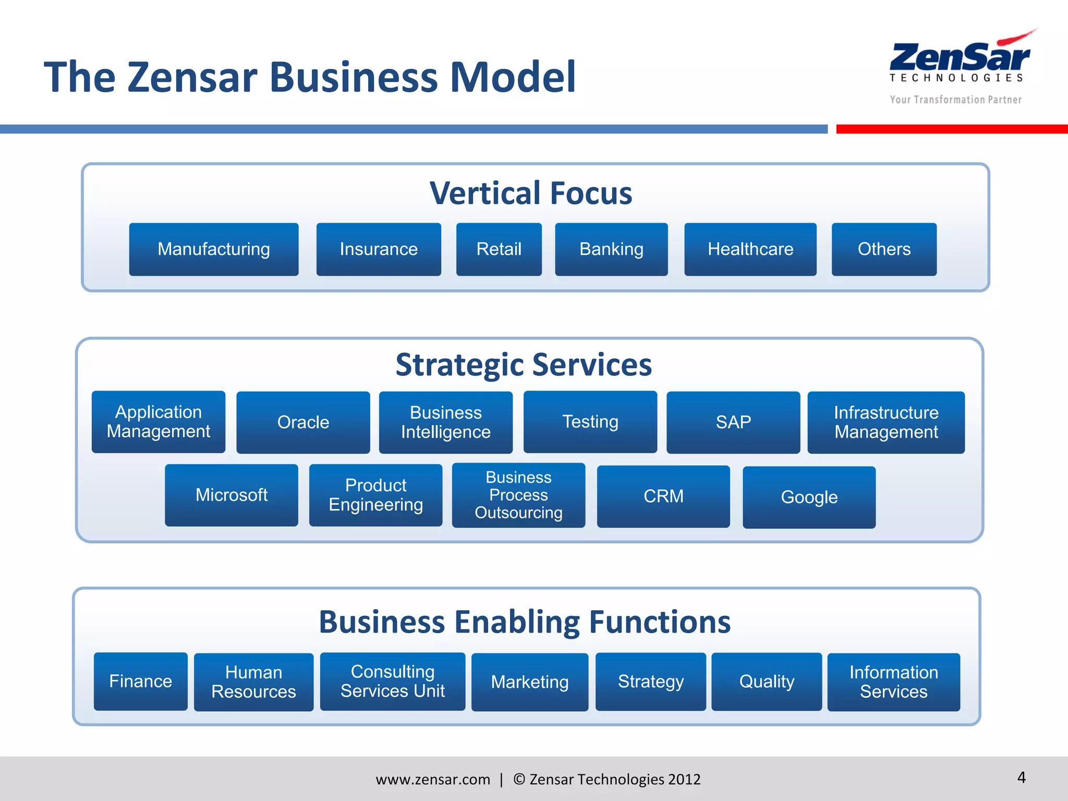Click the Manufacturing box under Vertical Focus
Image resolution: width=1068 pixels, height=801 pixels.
(x=214, y=249)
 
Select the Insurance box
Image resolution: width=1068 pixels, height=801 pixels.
(x=379, y=249)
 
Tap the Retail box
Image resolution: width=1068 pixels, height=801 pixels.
(x=499, y=249)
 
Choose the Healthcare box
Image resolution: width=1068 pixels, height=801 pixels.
(x=750, y=249)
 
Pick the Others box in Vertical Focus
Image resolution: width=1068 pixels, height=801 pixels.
(x=884, y=249)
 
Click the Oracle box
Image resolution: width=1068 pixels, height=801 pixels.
(x=303, y=422)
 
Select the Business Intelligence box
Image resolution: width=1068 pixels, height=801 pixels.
(x=445, y=422)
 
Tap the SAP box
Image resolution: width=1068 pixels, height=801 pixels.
(x=733, y=422)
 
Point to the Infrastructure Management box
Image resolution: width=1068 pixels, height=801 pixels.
(x=886, y=422)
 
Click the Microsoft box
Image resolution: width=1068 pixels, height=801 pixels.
(x=232, y=495)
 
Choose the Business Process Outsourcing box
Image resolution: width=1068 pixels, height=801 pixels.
(x=518, y=495)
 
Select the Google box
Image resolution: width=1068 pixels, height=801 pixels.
(x=809, y=497)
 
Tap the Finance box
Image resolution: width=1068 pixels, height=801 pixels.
(x=140, y=681)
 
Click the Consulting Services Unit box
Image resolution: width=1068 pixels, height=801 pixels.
(x=392, y=681)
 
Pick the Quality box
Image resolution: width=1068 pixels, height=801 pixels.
(x=767, y=681)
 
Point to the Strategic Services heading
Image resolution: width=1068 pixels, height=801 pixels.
(x=524, y=365)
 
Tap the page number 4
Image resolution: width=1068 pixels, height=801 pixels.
(x=1021, y=778)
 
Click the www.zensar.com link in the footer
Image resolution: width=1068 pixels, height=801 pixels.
(x=433, y=779)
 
